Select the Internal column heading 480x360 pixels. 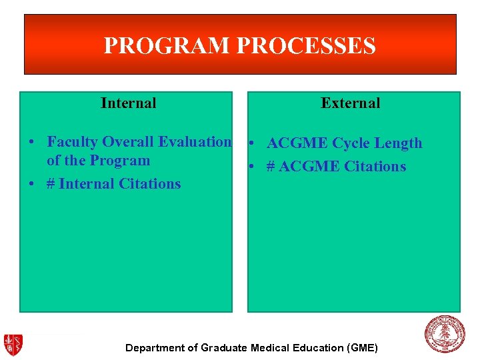(x=128, y=103)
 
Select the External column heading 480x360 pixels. (x=350, y=103)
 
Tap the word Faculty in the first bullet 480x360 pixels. (x=72, y=142)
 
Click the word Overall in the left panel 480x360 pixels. (x=127, y=142)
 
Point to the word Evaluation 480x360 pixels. (x=195, y=142)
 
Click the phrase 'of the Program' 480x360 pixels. (x=98, y=161)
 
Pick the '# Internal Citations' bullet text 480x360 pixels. (x=113, y=183)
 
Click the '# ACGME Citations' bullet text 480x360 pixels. (x=336, y=167)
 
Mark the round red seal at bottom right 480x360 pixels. (x=445, y=335)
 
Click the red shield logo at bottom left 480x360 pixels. (x=13, y=344)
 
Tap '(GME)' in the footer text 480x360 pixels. (x=362, y=348)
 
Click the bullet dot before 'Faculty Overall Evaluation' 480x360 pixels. (x=31, y=143)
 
